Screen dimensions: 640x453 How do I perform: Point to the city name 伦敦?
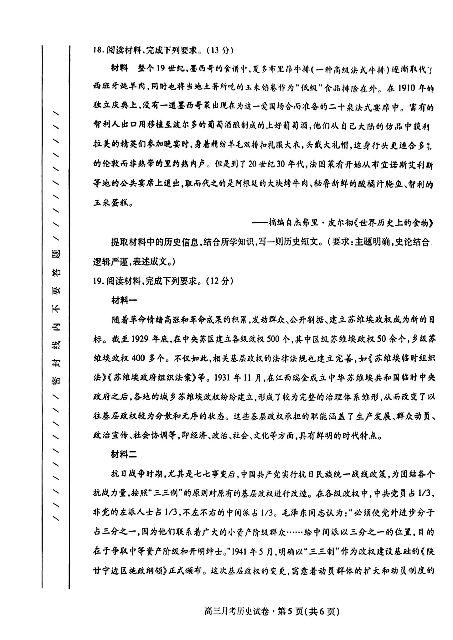coord(109,164)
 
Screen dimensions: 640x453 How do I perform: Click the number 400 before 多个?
coord(139,358)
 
